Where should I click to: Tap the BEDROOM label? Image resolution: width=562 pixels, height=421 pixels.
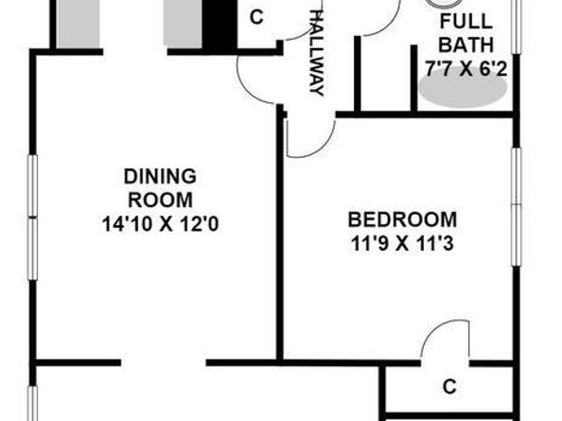click(x=401, y=218)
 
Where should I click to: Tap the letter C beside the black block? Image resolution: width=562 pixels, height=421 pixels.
click(x=255, y=18)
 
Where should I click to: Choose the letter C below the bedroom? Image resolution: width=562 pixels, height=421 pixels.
click(x=450, y=386)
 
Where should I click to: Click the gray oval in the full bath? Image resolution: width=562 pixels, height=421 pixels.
click(x=463, y=89)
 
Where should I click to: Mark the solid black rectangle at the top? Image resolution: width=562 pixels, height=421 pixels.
click(x=220, y=25)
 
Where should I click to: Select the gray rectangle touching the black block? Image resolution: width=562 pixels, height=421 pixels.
click(x=184, y=23)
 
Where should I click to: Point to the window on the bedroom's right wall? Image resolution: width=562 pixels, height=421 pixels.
click(x=517, y=203)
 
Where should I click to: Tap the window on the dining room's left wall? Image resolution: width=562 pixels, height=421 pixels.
click(x=32, y=218)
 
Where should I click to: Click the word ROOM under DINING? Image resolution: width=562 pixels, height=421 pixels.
click(x=160, y=200)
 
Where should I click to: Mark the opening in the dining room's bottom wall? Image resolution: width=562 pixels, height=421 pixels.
click(x=163, y=361)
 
